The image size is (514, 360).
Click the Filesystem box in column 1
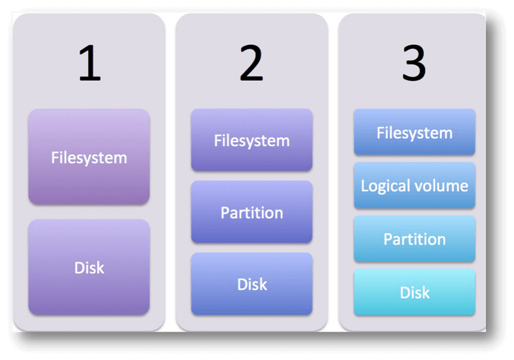click(x=89, y=156)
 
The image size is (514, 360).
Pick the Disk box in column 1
click(x=89, y=267)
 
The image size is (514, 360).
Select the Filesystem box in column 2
click(x=252, y=140)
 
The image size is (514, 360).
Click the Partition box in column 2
click(x=252, y=212)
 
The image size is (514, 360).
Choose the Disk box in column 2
click(x=252, y=283)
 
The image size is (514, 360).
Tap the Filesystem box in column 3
click(x=414, y=132)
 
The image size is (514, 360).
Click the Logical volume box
click(x=414, y=186)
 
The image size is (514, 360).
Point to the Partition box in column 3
click(x=414, y=239)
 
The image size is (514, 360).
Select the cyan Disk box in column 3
click(x=414, y=292)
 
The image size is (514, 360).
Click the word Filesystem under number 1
click(x=89, y=157)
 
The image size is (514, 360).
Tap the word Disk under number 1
click(x=89, y=267)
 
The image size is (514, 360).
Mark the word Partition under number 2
click(x=252, y=212)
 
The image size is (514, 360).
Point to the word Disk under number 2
click(x=252, y=284)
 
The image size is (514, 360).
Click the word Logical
click(x=385, y=186)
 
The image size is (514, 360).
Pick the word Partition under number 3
click(x=414, y=239)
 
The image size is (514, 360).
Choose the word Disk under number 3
click(x=414, y=292)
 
